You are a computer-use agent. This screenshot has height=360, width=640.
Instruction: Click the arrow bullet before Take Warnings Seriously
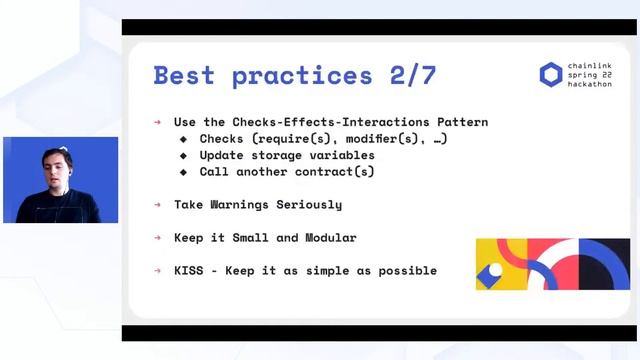(158, 205)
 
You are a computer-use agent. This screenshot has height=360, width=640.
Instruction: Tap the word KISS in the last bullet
(189, 271)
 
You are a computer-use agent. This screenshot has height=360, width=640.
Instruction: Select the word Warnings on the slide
(247, 205)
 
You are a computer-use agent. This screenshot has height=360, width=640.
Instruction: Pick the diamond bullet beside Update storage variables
(183, 156)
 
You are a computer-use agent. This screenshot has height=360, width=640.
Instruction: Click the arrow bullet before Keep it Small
(158, 238)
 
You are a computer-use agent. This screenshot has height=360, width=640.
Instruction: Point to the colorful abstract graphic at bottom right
(552, 264)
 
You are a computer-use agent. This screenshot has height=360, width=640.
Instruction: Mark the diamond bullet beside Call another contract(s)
(183, 172)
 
